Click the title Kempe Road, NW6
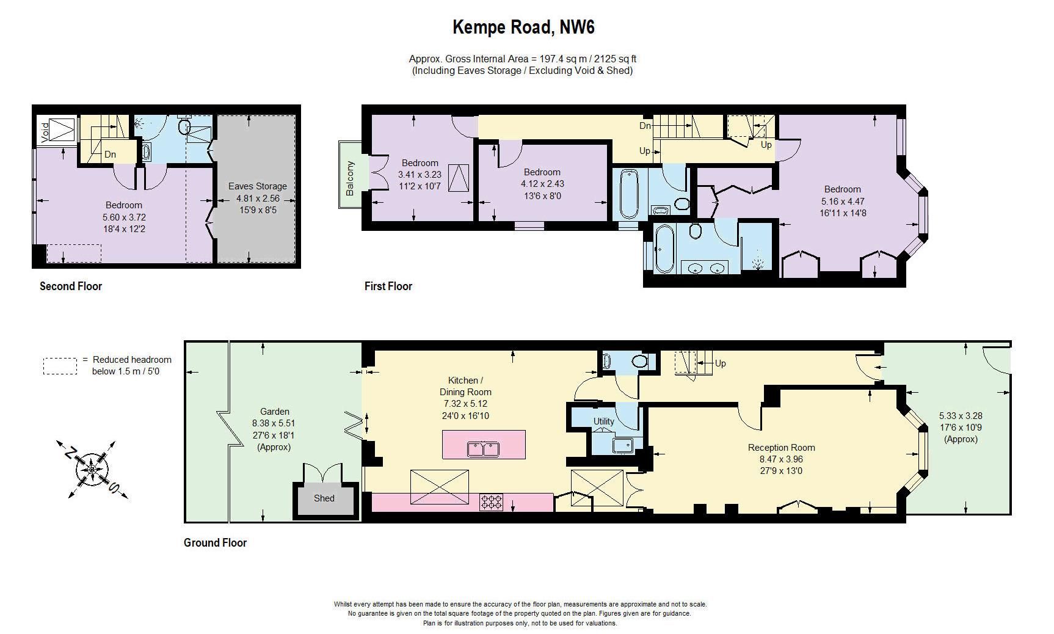[x=523, y=27]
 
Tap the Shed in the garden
[x=324, y=498]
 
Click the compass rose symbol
[x=92, y=470]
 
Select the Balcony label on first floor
[x=350, y=178]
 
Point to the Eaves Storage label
[x=257, y=186]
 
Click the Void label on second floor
[x=45, y=132]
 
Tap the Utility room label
[x=603, y=421]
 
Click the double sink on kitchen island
[x=484, y=450]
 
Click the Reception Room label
[x=781, y=448]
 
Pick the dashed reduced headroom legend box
[x=60, y=366]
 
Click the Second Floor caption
[x=71, y=286]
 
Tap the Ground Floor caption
[x=215, y=542]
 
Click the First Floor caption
[x=388, y=286]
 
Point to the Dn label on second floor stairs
[x=110, y=155]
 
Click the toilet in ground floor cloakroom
[x=639, y=361]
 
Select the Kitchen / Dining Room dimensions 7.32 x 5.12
[x=465, y=404]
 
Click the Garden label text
[x=275, y=412]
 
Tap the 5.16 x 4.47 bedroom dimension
[x=842, y=201]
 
